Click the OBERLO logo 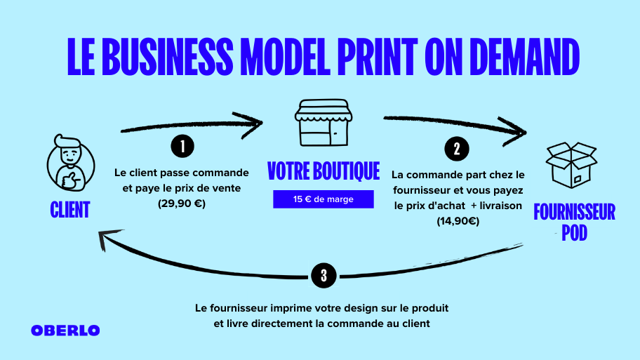point(66,331)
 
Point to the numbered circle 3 point(323,275)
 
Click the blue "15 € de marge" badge point(324,199)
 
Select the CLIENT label point(70,209)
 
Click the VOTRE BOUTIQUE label point(324,171)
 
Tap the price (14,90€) point(456,220)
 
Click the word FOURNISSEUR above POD point(574,212)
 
